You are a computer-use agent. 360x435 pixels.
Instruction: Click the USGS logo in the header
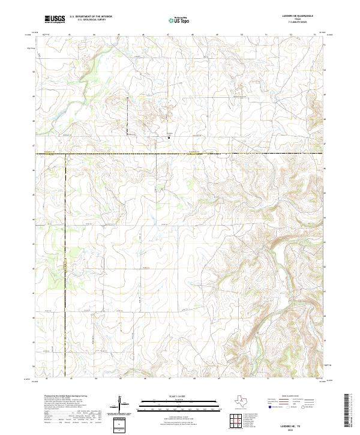[55, 19]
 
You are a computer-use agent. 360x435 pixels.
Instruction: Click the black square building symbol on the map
[169, 137]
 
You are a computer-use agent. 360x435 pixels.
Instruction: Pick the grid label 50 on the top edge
[241, 35]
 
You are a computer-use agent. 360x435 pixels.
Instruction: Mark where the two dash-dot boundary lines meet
[65, 154]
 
